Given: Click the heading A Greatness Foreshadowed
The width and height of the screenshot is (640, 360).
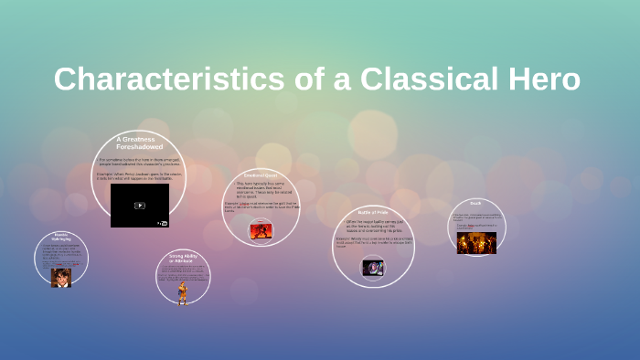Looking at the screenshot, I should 138,143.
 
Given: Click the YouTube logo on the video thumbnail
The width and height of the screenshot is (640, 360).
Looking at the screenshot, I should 162,222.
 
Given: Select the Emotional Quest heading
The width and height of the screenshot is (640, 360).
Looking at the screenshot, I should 260,175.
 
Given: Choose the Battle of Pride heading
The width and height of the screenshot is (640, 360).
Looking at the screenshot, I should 372,212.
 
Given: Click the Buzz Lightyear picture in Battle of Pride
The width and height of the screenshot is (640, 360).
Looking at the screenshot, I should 372,268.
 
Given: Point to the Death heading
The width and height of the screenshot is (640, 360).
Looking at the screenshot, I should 475,203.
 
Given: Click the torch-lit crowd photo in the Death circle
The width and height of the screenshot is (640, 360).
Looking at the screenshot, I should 476,242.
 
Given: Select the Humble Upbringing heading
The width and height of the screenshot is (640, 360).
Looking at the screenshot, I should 61,237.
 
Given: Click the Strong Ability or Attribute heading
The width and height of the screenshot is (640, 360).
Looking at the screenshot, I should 183,258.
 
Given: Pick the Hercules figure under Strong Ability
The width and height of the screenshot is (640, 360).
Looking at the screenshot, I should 183,292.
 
